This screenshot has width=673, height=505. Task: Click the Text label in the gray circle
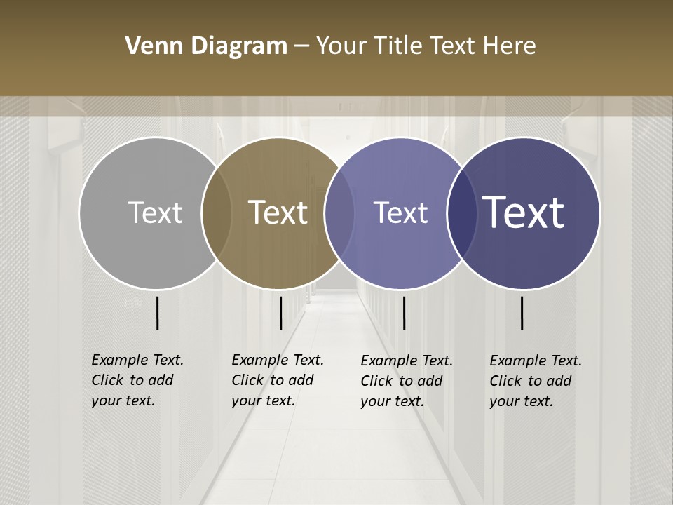155,213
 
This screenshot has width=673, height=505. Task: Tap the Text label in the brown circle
278,213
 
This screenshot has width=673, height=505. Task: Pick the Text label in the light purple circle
400,213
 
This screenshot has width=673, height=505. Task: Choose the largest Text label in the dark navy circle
524,213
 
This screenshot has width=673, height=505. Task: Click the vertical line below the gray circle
157,313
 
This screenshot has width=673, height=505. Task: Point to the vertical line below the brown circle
280,313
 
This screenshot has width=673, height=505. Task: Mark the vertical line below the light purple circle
404,313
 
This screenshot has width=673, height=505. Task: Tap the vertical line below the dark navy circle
522,313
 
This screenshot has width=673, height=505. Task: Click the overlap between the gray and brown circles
217,213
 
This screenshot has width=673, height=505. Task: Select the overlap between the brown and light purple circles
339,213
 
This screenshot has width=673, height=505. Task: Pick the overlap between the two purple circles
462,213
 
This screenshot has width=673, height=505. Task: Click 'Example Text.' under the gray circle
137,360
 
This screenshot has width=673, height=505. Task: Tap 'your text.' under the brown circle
263,401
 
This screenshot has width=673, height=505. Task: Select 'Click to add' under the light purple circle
402,381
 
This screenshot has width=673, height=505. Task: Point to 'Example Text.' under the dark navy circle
536,361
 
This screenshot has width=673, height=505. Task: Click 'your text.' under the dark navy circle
521,401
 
